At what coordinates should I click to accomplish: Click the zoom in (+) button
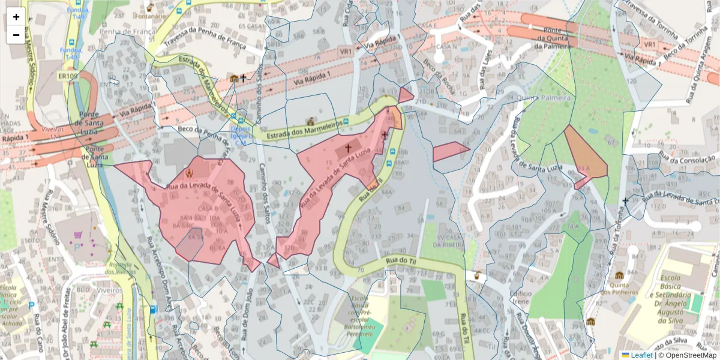(x=16, y=17)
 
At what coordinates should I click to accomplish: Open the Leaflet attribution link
(x=637, y=355)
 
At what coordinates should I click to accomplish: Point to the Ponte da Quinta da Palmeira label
(x=552, y=40)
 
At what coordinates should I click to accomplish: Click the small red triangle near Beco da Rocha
(x=406, y=95)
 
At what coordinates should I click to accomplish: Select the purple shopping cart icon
(x=77, y=235)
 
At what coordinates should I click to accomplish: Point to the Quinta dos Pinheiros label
(x=619, y=288)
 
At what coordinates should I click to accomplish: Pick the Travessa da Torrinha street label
(x=655, y=17)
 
